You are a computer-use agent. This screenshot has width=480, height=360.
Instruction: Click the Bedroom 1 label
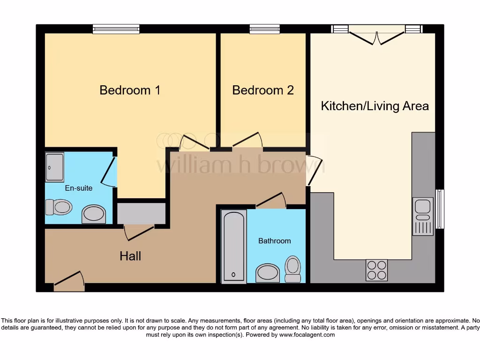(x=130, y=90)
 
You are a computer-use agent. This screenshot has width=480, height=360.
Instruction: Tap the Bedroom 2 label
(x=263, y=90)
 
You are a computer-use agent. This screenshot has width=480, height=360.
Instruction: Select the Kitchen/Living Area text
(x=375, y=106)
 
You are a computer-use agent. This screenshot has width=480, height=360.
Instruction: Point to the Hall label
(x=130, y=256)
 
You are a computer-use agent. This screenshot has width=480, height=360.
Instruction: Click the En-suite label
(x=78, y=188)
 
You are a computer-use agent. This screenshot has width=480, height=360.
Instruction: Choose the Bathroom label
(x=274, y=240)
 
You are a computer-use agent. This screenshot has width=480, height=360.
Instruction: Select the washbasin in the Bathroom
(x=268, y=273)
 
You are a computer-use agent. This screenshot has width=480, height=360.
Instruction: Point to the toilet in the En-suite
(x=59, y=207)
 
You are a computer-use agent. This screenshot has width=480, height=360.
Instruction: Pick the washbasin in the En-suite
(x=94, y=214)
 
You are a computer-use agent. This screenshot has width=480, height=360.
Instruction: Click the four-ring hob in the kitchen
(x=376, y=270)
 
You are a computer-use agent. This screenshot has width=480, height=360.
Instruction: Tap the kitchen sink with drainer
(x=422, y=216)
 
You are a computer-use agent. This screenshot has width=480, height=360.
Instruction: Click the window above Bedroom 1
(x=116, y=29)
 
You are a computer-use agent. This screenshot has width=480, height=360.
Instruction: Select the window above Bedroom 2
(x=264, y=29)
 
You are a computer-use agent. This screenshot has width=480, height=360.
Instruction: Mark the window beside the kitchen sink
(x=440, y=209)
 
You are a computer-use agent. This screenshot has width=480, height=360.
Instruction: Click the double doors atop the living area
(x=377, y=35)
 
